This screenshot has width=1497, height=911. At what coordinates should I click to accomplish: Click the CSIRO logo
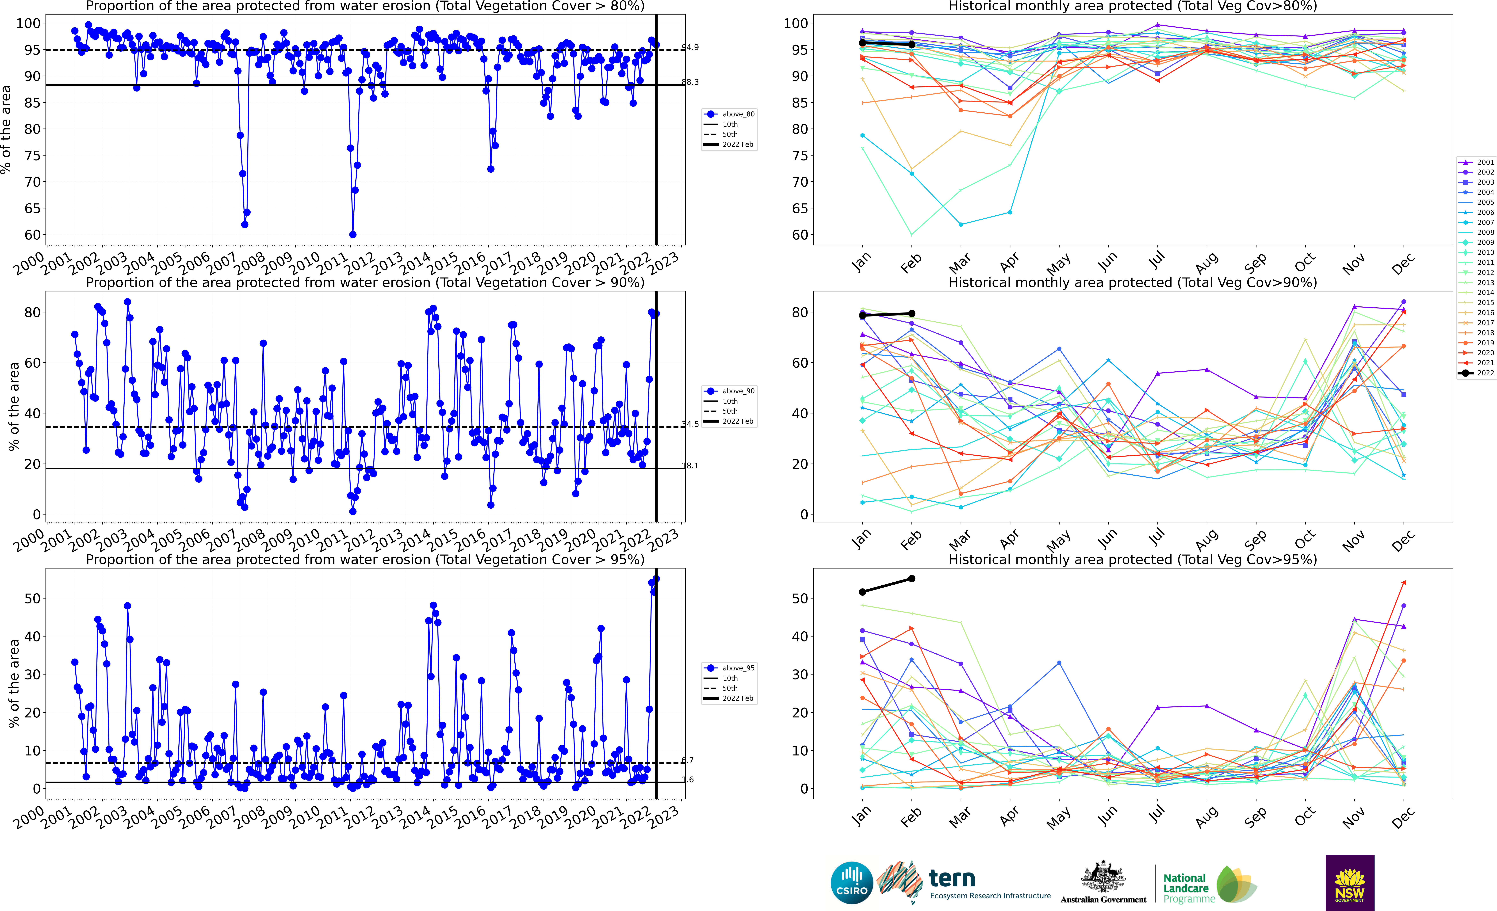click(x=851, y=882)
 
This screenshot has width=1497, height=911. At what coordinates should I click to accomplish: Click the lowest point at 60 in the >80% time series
click(x=352, y=234)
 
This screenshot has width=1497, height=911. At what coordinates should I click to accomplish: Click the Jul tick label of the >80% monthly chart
click(x=1156, y=261)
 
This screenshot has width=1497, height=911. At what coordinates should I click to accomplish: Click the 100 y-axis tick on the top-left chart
click(x=28, y=24)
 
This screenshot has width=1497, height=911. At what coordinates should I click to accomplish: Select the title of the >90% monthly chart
click(x=1133, y=283)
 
